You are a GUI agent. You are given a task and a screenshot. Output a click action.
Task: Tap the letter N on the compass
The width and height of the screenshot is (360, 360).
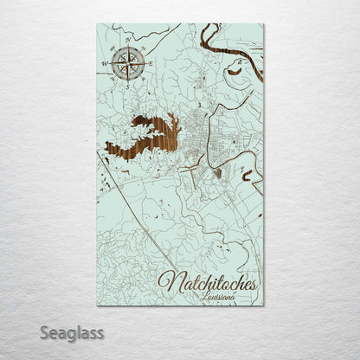128,42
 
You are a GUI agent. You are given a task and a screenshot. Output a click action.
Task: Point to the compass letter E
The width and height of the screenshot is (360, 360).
150,63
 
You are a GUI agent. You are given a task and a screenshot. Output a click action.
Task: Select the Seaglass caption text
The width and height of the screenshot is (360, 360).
75,332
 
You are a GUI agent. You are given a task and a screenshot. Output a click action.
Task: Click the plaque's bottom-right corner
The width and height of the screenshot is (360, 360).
263,305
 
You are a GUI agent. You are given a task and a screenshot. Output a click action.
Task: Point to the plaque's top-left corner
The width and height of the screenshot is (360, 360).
98,23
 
